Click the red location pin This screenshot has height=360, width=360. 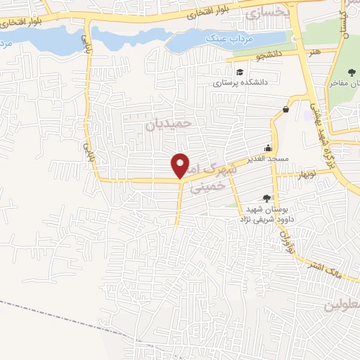coord(181,165)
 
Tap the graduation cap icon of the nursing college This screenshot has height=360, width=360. coord(239,72)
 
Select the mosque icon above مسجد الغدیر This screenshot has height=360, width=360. coord(268,148)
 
